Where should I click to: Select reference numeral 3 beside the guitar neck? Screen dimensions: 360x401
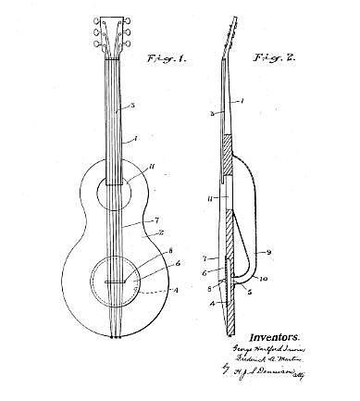tap(131, 107)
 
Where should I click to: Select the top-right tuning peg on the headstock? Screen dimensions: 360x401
tap(129, 24)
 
